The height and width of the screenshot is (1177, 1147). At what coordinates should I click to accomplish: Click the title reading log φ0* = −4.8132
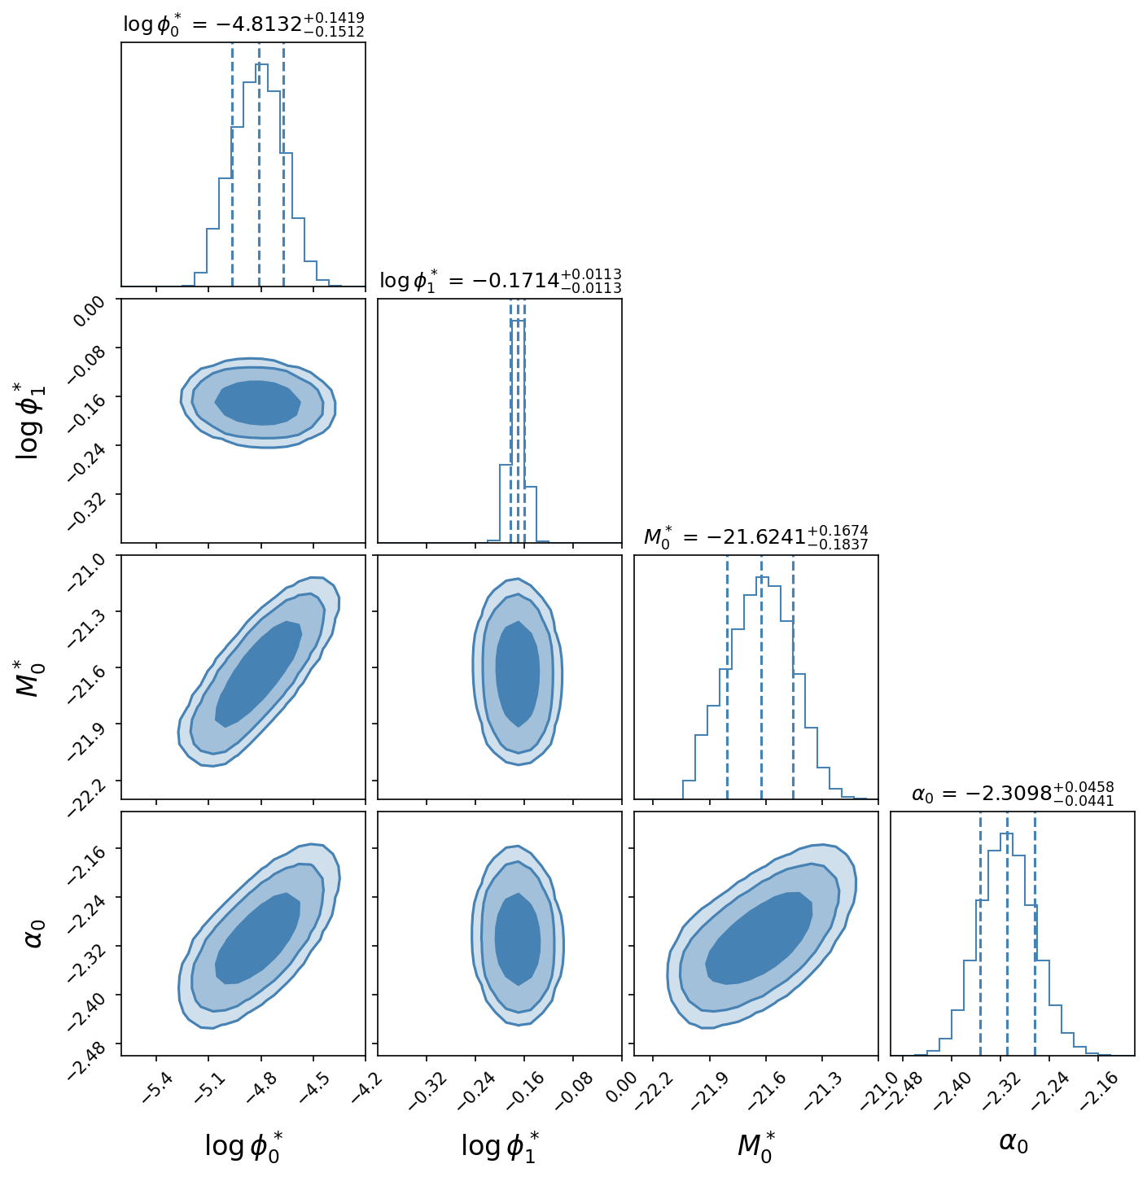243,24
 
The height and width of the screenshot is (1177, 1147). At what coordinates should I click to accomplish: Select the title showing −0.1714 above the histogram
501,281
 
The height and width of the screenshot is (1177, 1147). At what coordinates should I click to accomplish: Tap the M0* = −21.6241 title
755,537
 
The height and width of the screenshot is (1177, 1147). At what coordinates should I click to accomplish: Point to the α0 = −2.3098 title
1013,793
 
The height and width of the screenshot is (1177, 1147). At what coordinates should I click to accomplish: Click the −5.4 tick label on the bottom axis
157,1087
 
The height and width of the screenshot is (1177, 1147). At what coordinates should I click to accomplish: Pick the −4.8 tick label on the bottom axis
261,1087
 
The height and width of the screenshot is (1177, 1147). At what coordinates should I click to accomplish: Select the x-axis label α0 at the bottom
1013,1141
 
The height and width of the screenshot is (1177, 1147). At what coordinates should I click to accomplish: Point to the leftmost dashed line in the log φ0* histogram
232,164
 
